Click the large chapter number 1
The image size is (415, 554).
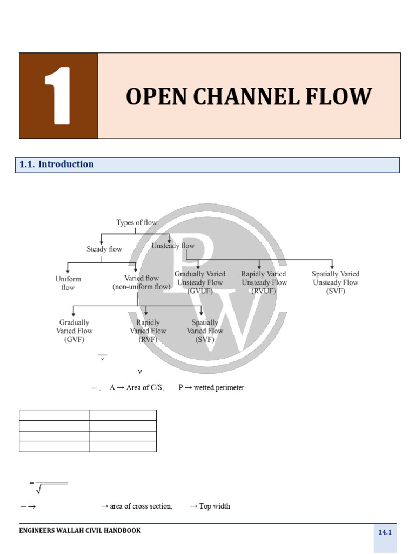pos(58,95)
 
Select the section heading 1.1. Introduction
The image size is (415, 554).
pos(56,164)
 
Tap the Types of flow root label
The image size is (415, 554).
pos(138,222)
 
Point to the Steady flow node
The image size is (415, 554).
pos(104,249)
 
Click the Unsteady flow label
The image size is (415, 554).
pos(173,246)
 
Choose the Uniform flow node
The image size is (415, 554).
pos(68,283)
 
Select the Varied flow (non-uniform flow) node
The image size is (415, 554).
pos(142,282)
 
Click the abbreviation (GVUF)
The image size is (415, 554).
pos(200,291)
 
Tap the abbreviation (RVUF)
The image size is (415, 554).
pos(264,291)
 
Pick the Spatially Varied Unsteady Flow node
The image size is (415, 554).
pos(336,282)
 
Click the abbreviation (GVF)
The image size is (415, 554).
pos(74,340)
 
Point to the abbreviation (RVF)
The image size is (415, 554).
pos(148,340)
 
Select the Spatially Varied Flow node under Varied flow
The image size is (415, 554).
pos(205,331)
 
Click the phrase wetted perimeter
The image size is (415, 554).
pos(219,387)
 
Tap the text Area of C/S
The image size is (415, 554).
pos(145,387)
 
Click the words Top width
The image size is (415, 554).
pos(215,506)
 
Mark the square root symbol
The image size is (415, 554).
pos(39,489)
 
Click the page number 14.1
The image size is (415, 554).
pos(385,532)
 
